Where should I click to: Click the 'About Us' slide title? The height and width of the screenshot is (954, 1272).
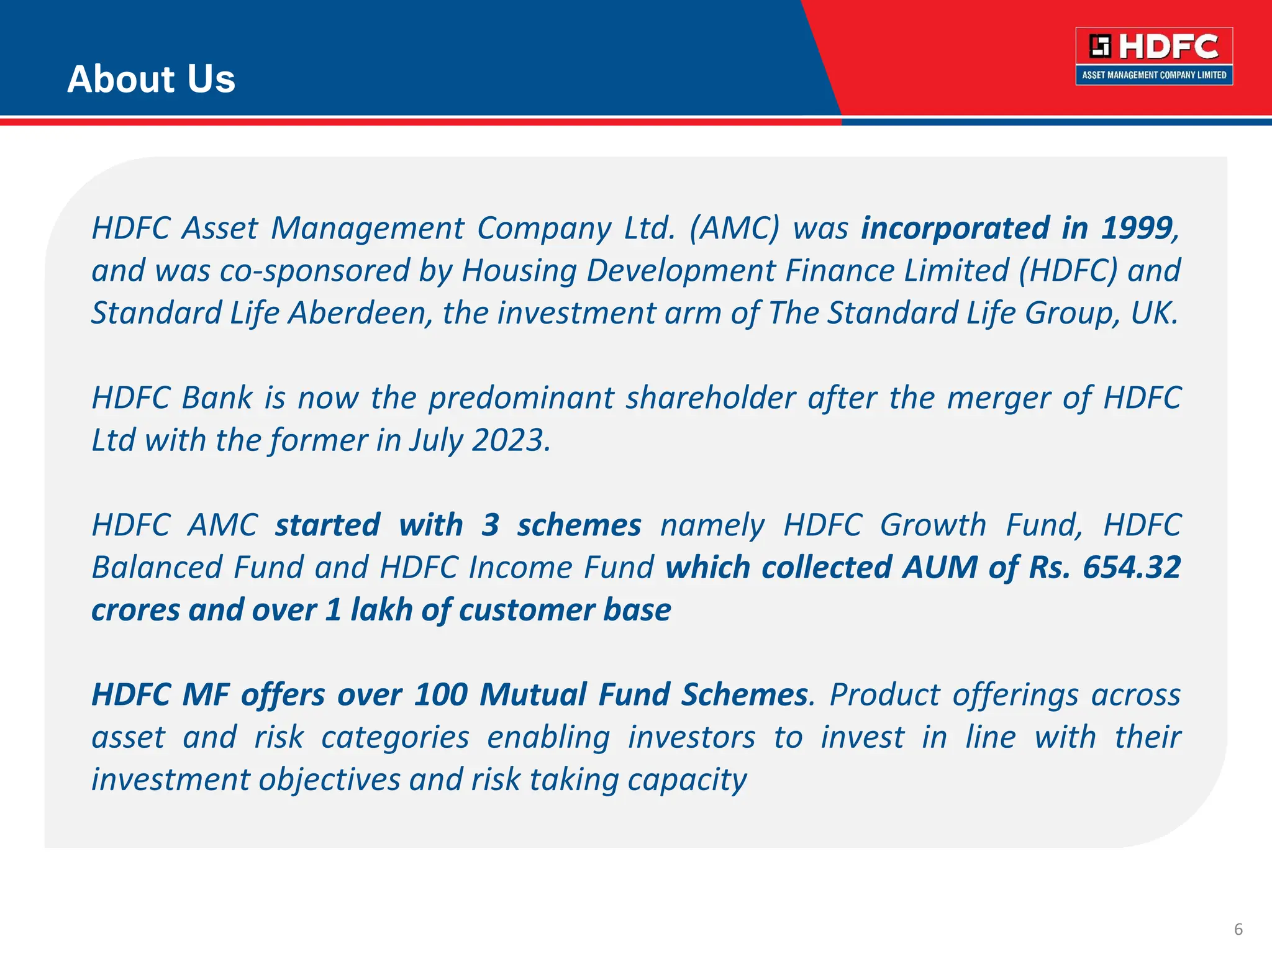coord(151,79)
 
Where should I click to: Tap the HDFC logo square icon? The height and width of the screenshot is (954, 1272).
coord(1100,47)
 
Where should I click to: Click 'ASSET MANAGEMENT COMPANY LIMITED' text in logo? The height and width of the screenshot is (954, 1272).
coord(1154,75)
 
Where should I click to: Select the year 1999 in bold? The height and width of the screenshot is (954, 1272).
coord(1136,228)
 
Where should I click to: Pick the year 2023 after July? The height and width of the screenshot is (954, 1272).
coord(510,440)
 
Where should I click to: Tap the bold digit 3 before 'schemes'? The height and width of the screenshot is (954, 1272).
coord(490,525)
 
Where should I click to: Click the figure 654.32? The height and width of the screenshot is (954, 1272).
coord(1131,567)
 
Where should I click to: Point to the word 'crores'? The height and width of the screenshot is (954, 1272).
coord(135,610)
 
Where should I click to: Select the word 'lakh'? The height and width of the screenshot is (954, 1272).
coord(382,609)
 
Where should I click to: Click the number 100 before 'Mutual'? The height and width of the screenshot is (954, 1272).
coord(440,694)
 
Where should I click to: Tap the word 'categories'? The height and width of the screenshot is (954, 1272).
coord(395,738)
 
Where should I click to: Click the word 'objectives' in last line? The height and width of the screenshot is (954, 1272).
coord(329,780)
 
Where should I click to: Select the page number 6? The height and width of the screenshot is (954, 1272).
coord(1238,929)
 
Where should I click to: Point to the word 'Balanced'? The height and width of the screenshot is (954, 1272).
coord(157,568)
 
